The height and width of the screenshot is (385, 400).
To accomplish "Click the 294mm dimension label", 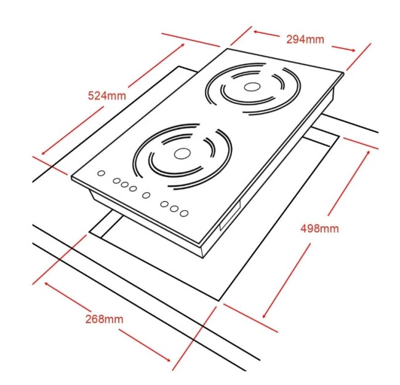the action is pyautogui.click(x=305, y=39).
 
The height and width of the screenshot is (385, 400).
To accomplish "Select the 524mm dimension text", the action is pyautogui.click(x=107, y=96).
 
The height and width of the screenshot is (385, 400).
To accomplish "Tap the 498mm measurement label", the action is pyautogui.click(x=319, y=228).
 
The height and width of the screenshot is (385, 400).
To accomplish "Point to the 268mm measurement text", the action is pyautogui.click(x=104, y=319).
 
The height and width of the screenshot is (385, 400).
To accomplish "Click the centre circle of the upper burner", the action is pyautogui.click(x=252, y=87).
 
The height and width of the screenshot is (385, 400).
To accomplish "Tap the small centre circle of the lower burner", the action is pyautogui.click(x=182, y=154).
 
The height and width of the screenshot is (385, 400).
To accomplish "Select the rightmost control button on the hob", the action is pyautogui.click(x=184, y=213).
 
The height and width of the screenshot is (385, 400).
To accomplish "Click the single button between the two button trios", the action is pyautogui.click(x=146, y=196).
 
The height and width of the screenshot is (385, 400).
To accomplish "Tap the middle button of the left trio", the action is pyautogui.click(x=124, y=185).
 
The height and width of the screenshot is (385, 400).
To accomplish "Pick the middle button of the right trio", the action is pyautogui.click(x=174, y=208).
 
